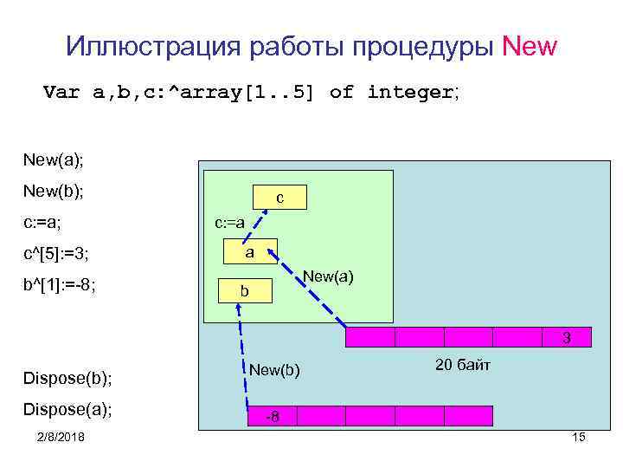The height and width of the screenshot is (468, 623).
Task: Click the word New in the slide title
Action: pos(530,46)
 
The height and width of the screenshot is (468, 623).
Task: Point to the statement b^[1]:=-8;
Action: pos(60,285)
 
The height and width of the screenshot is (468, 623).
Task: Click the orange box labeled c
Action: pos(279,198)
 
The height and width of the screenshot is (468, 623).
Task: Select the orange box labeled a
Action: pos(249,251)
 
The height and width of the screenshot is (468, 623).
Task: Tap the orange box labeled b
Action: pos(245,293)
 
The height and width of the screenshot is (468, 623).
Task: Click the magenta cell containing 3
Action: pos(566,337)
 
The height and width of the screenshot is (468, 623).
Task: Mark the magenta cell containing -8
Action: pos(271,417)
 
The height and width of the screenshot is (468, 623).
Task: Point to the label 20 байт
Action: pos(463,366)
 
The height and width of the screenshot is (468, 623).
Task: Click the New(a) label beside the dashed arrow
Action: pos(328,278)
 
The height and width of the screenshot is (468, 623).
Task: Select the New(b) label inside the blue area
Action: pos(274,370)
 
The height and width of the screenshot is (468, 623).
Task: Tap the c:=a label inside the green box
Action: pos(230,224)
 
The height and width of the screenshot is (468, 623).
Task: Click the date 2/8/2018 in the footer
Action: pos(61,438)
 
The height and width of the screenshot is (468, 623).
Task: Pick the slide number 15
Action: pos(579,437)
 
